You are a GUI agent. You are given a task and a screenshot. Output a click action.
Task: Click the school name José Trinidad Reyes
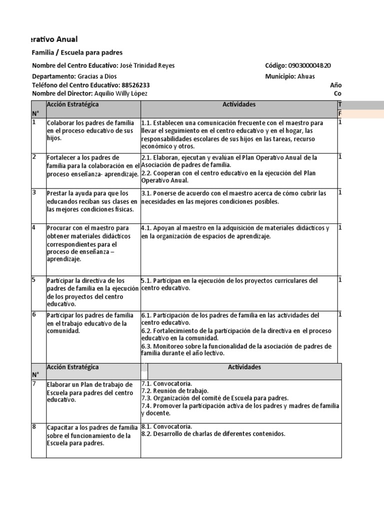point(147,65)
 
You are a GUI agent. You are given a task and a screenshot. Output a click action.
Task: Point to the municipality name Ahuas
point(306,76)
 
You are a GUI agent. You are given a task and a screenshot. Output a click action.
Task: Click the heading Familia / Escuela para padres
point(77,52)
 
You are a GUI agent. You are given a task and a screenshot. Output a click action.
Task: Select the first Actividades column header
point(239,104)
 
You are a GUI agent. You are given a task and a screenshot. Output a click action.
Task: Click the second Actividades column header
point(244,367)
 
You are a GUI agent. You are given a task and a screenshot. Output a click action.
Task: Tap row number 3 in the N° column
point(34,192)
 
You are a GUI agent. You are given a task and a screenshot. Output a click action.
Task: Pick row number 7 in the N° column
point(34,383)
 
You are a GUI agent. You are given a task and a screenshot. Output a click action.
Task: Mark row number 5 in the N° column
point(34,279)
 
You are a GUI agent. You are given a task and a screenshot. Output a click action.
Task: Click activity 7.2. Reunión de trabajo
point(175,391)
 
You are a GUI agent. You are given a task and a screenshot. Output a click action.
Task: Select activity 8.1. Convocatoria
point(166,426)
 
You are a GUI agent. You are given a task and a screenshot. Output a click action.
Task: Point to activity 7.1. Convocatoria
point(166,383)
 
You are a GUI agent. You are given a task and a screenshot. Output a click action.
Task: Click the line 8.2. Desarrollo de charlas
point(213,434)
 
